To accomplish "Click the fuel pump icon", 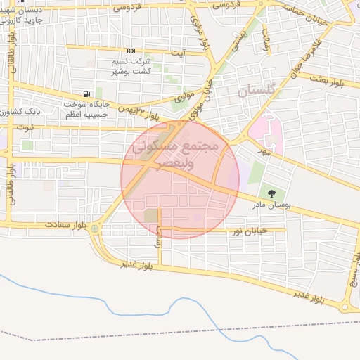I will [x=86, y=94].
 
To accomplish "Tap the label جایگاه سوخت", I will [x=86, y=104].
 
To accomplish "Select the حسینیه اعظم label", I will [x=86, y=114].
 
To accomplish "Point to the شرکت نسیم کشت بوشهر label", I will [x=131, y=67].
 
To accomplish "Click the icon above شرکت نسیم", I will [x=131, y=51].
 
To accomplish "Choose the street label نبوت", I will [x=26, y=127].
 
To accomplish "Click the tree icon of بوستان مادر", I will [x=270, y=191].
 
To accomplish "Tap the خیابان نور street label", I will [x=251, y=230].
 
